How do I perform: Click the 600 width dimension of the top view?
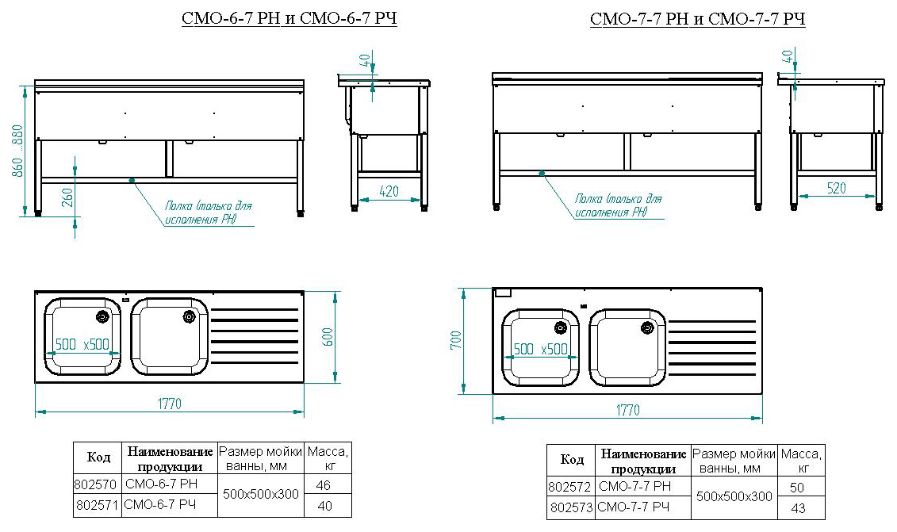click(x=325, y=336)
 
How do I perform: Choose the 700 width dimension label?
click(x=455, y=341)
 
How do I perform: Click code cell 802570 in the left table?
click(x=97, y=484)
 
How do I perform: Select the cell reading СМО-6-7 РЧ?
click(x=160, y=505)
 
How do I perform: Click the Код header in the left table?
click(x=98, y=458)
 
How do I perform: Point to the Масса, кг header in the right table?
click(x=801, y=461)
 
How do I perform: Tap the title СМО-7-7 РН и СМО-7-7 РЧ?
click(x=698, y=19)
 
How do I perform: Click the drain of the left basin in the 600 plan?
click(x=102, y=317)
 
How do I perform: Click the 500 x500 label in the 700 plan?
click(x=541, y=349)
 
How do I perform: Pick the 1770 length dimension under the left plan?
click(x=167, y=404)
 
